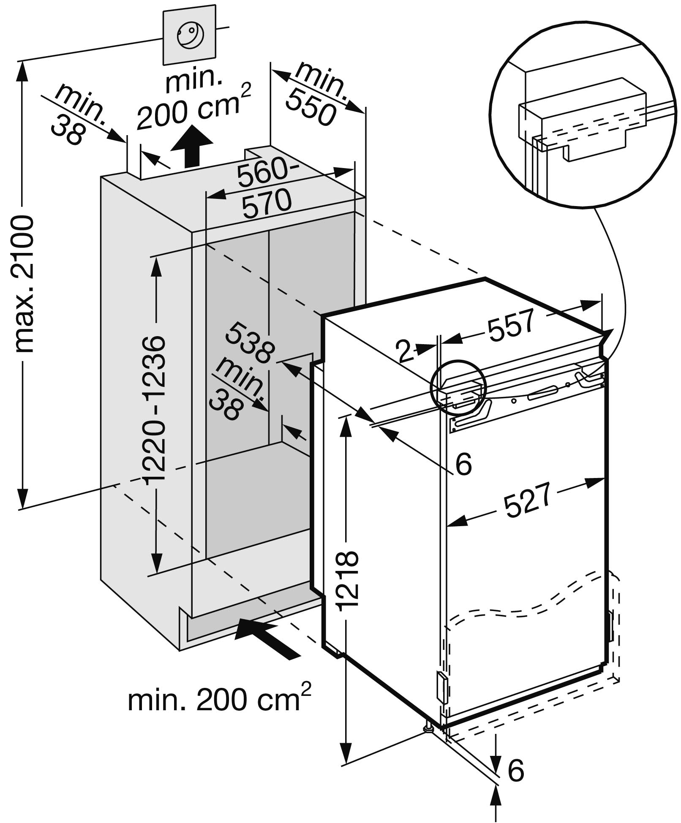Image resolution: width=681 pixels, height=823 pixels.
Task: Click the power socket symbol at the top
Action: pyautogui.click(x=190, y=35)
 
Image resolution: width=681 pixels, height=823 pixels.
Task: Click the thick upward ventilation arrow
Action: pyautogui.click(x=192, y=146)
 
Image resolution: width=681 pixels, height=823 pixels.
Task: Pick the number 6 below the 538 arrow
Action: pyautogui.click(x=463, y=464)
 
